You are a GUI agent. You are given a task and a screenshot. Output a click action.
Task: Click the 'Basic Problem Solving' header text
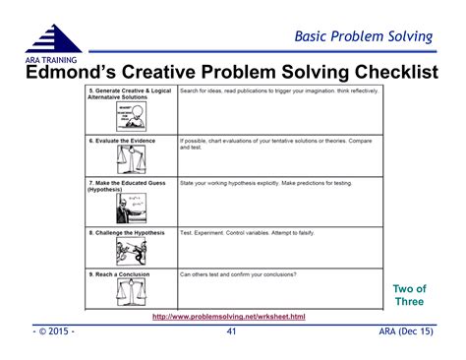coord(364,36)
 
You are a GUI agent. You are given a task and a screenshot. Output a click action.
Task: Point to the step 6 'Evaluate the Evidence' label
coord(124,140)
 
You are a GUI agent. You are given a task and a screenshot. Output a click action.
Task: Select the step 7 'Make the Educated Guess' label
coord(129,183)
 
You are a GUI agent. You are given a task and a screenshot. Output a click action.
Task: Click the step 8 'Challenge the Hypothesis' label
coord(128,232)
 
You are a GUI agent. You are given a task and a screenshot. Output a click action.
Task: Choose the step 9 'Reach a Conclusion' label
coord(121,274)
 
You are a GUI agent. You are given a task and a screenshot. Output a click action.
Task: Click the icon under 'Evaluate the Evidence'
coord(130,158)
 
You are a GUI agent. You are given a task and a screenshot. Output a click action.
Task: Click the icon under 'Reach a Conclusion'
coord(130,292)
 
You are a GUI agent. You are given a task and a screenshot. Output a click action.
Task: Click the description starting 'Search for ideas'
coord(278,90)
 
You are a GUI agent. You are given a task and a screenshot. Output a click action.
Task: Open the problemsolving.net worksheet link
coord(229,316)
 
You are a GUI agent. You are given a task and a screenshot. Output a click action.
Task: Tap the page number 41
coord(232,332)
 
